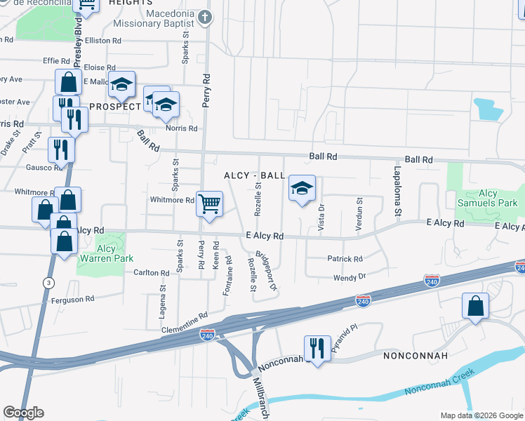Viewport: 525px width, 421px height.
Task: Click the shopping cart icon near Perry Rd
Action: (209, 204)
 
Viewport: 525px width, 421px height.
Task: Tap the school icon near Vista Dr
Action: (302, 188)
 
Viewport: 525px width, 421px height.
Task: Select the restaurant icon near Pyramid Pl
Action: (317, 348)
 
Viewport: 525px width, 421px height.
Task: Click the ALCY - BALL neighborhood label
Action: (255, 175)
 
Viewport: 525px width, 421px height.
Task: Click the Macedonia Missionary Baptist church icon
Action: (205, 18)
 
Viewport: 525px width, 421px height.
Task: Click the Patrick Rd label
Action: (345, 259)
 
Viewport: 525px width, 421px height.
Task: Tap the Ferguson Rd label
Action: (72, 300)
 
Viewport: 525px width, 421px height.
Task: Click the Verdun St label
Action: (359, 216)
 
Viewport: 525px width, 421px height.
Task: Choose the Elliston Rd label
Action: (102, 41)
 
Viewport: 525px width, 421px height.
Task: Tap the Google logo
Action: (23, 413)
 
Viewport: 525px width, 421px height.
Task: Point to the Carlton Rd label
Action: (152, 273)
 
